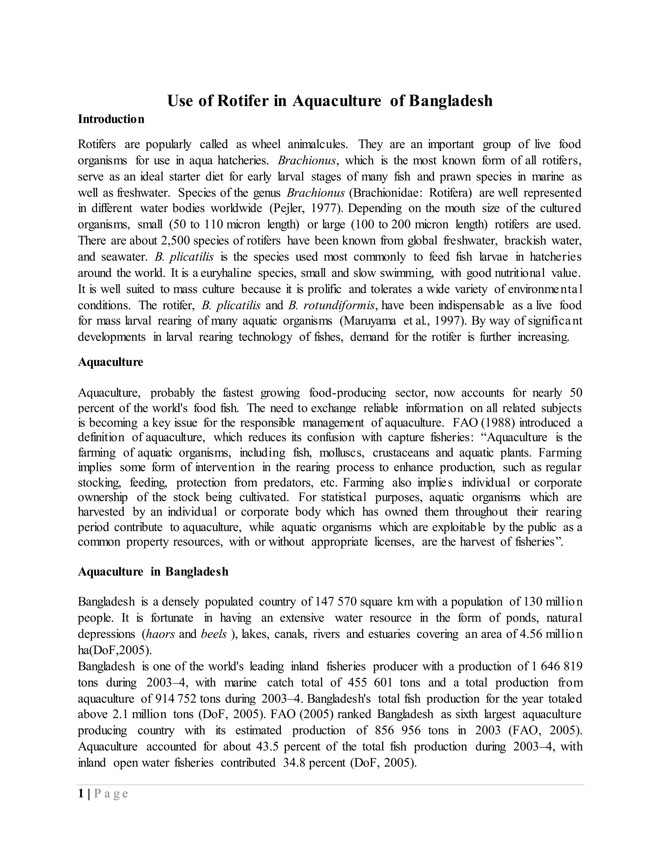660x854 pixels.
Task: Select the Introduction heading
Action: pos(111,119)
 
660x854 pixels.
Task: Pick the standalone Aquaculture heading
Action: pos(111,362)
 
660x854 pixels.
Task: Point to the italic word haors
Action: pos(160,634)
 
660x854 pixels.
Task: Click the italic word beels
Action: pos(213,634)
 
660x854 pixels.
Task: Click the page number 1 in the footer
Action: pos(81,793)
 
